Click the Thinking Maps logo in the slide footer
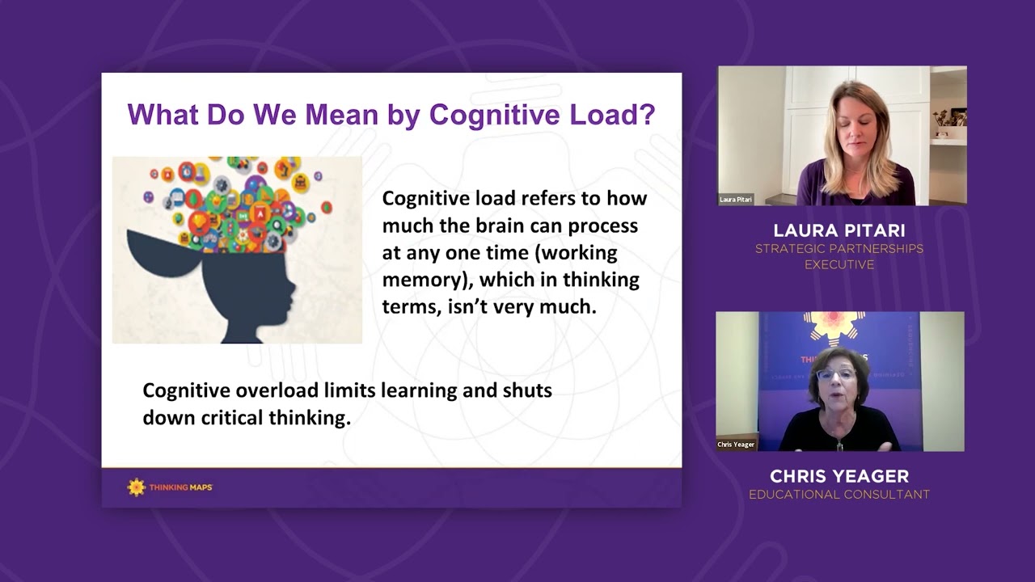(170, 487)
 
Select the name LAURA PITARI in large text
(839, 230)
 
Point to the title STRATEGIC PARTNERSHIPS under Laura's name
(839, 249)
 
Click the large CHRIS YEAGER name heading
(839, 476)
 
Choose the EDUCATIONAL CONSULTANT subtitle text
(839, 495)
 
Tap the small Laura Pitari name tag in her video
(736, 200)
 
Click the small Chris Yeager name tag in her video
(736, 445)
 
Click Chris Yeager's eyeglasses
(835, 375)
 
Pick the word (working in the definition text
(576, 253)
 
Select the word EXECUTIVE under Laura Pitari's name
(839, 264)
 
